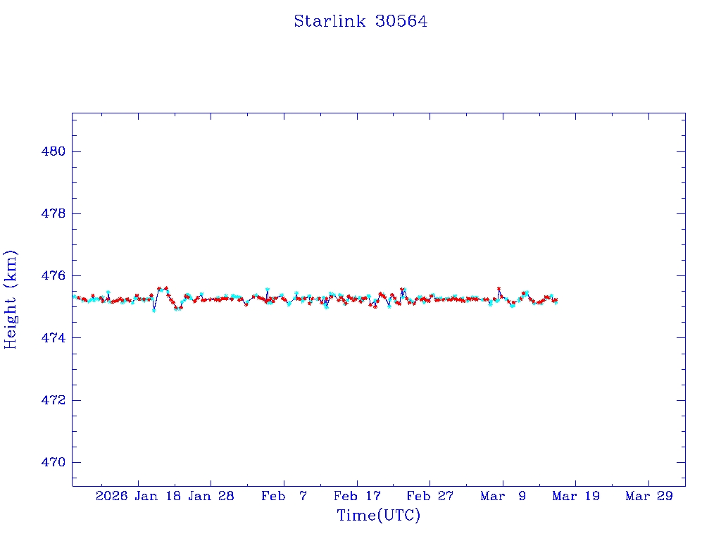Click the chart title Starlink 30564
[x=360, y=21]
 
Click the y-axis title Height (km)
[x=11, y=299]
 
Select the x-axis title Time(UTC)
[x=378, y=516]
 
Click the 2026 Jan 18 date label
[x=137, y=496]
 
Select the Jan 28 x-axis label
[x=211, y=496]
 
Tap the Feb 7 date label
[x=284, y=496]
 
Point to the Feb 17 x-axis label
[x=357, y=496]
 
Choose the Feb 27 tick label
[x=430, y=496]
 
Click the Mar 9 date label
[x=503, y=496]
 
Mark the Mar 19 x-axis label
[x=576, y=496]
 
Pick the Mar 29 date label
[x=649, y=496]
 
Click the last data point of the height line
[x=556, y=301]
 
